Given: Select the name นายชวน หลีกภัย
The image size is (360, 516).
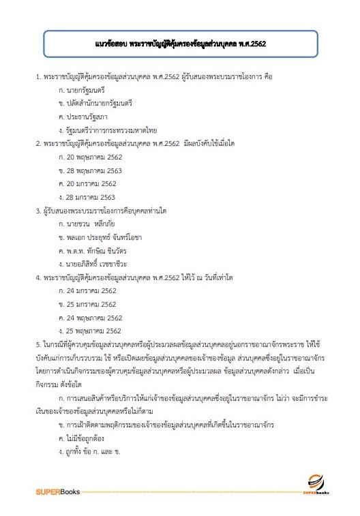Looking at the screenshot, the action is [95, 224].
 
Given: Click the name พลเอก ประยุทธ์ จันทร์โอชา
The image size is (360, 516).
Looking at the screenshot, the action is [107, 237].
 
